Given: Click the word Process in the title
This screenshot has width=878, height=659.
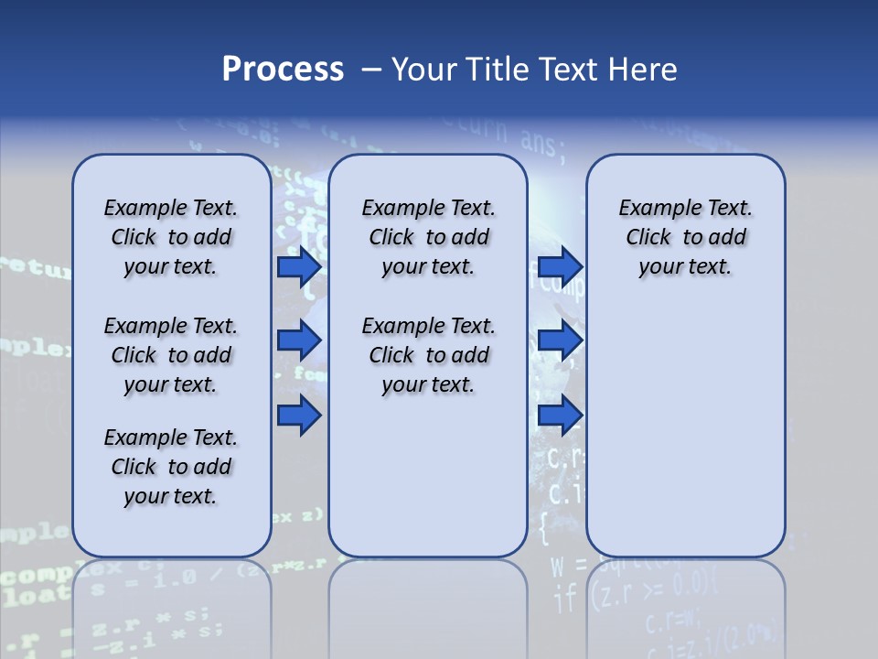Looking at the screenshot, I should [x=282, y=70].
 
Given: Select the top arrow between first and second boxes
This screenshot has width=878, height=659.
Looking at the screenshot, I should [x=299, y=267].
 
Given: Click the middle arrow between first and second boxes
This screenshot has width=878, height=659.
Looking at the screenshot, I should [x=299, y=341].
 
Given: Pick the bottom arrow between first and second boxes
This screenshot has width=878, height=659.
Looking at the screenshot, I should [x=299, y=416].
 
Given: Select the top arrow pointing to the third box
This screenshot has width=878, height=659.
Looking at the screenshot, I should [x=560, y=267].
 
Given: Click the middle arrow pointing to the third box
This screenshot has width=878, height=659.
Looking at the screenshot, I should [x=560, y=341].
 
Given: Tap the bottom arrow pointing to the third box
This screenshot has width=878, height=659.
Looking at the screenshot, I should [x=560, y=416].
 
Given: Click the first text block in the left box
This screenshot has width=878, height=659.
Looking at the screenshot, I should [x=171, y=237].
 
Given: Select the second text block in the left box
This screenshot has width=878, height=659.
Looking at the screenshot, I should [x=171, y=355].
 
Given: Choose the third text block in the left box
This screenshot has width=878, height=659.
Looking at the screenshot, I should [x=171, y=467].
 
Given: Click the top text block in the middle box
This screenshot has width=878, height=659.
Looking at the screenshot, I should [x=428, y=237].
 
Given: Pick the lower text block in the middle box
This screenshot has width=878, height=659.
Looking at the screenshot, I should [x=428, y=355].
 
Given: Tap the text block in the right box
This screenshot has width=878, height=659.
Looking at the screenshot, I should [x=685, y=237].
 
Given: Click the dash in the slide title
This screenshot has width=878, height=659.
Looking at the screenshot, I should [x=371, y=70].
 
